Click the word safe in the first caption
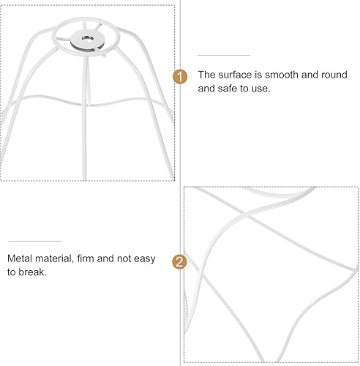(233, 89)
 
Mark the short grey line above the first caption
(224, 55)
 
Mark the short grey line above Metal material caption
(35, 241)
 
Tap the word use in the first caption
(261, 89)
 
